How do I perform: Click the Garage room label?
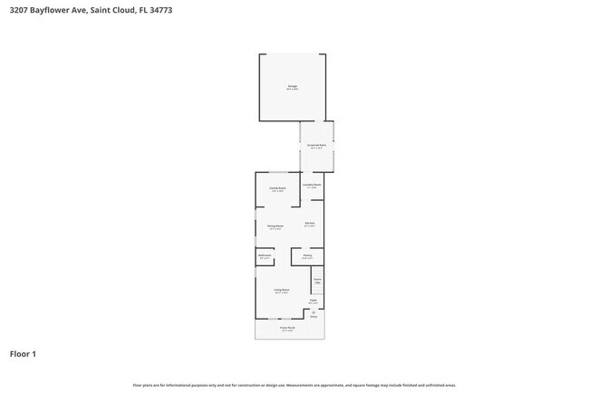pos(292,87)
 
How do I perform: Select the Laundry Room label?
pos(311,185)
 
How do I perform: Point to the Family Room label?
pos(276,188)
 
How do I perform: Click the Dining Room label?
pos(275,225)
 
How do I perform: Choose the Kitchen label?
pos(309,224)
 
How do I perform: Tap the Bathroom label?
pos(264,256)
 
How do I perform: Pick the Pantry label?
pos(307,256)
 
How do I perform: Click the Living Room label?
pos(281,290)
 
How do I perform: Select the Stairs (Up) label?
pos(317,280)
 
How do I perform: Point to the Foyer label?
pos(313,301)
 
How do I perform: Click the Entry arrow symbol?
pos(314,312)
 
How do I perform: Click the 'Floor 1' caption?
pos(23,354)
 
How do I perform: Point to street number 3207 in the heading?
pos(18,10)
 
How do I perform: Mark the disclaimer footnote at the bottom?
pos(294,385)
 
